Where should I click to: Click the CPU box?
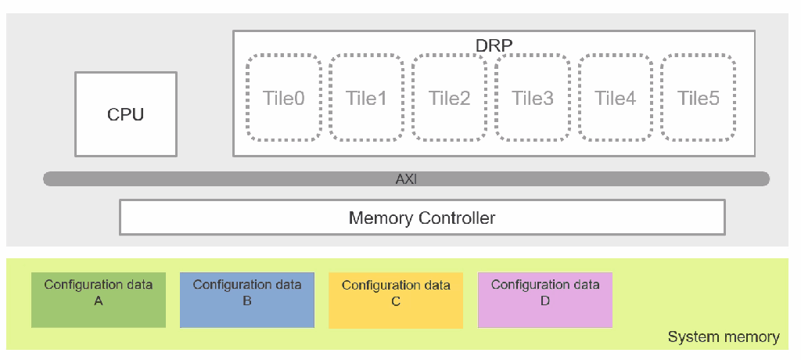126,114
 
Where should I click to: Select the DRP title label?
494,45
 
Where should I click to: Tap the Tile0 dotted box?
282,98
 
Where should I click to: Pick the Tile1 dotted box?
365,98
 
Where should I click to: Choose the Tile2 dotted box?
449,98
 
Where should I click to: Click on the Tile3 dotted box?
532,98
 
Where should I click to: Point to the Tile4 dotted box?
615,98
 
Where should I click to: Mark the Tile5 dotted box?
698,98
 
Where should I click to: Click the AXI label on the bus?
407,179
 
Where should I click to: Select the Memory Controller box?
422,217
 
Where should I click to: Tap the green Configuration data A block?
99,300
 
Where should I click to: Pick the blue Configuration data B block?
247,300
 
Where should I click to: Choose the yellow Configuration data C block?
396,300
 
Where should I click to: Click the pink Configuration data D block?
545,300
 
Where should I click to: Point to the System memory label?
723,337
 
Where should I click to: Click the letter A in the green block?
99,301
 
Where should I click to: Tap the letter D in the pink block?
545,301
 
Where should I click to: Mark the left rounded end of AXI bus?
49,179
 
